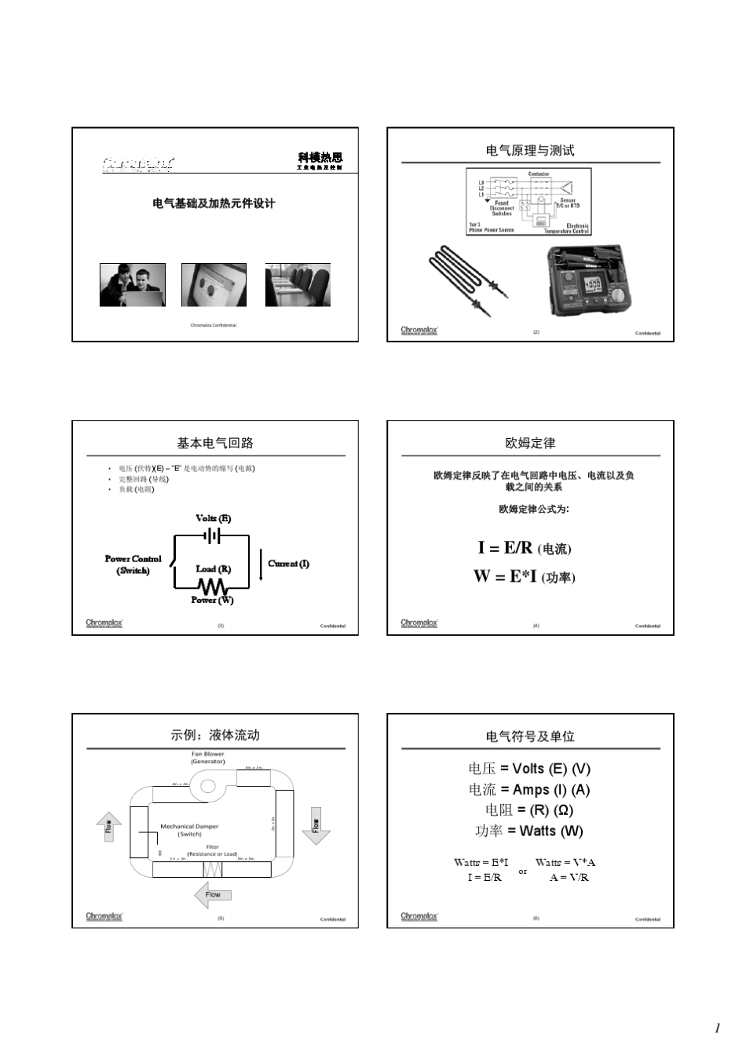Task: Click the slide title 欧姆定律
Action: [x=530, y=443]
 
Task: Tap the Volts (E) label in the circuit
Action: [x=213, y=518]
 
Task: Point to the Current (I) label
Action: [x=288, y=563]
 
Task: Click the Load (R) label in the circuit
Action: [x=213, y=568]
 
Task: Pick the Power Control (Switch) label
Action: [x=133, y=565]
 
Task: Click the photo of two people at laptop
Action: [x=133, y=285]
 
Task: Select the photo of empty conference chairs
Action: [x=298, y=285]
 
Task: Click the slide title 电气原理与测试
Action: [x=530, y=150]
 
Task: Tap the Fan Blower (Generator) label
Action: [x=207, y=758]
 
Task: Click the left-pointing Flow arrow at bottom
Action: [x=212, y=894]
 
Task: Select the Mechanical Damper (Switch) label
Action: [x=189, y=830]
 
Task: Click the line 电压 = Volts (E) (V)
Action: [x=529, y=769]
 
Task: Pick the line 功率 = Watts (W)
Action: [x=529, y=831]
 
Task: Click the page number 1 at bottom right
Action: [x=716, y=1028]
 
